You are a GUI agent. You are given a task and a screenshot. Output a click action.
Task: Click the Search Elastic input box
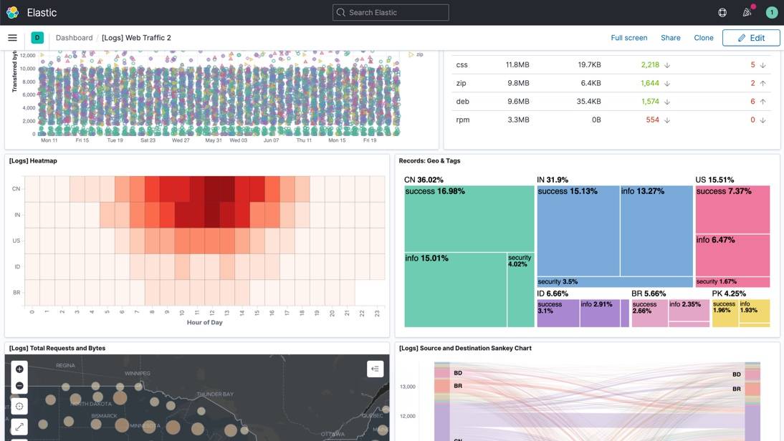[391, 12]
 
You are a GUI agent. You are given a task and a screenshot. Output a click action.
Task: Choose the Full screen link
[628, 38]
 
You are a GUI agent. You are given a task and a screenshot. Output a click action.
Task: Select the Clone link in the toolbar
[703, 38]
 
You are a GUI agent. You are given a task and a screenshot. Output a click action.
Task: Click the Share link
[670, 38]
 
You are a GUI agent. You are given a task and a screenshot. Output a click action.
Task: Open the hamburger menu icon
[12, 38]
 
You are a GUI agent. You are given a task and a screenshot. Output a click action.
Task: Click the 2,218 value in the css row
[649, 64]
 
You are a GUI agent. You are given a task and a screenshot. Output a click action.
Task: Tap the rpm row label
[463, 120]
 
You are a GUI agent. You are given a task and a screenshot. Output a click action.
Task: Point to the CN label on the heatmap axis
[16, 189]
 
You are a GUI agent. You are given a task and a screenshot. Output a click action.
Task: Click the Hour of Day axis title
[204, 322]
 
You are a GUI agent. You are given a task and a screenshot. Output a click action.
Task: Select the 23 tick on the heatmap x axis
[377, 312]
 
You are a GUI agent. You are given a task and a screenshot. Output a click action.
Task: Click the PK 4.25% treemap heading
[729, 294]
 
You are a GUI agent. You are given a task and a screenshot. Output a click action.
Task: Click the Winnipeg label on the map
[137, 374]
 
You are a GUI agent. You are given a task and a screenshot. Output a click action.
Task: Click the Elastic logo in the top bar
[12, 12]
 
